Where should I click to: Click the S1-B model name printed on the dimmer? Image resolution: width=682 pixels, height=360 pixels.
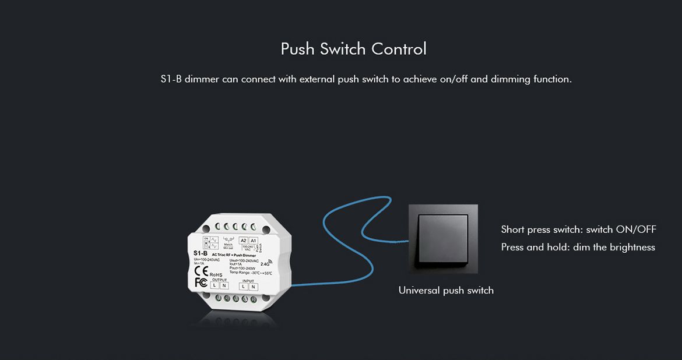point(200,253)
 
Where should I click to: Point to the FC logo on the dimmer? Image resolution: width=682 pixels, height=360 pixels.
point(201,283)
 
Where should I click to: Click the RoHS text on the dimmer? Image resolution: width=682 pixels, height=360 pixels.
point(216,274)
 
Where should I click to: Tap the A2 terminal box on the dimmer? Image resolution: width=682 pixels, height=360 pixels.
point(243,241)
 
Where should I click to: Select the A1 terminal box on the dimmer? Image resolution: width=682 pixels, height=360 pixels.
point(253,241)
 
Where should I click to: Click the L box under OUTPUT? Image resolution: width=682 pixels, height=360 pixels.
point(215,285)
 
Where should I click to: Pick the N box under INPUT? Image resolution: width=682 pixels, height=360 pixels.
point(253,286)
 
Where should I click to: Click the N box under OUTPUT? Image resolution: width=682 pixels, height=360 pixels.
point(224,285)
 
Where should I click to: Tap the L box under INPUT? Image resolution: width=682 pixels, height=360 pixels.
point(243,286)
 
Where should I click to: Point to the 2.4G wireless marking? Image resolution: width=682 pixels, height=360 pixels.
point(265,263)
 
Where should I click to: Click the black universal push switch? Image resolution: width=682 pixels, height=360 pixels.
point(443,238)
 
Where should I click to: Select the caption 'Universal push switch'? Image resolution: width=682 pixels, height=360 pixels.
point(446,290)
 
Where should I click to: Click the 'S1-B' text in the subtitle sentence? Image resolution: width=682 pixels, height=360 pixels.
point(171,79)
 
